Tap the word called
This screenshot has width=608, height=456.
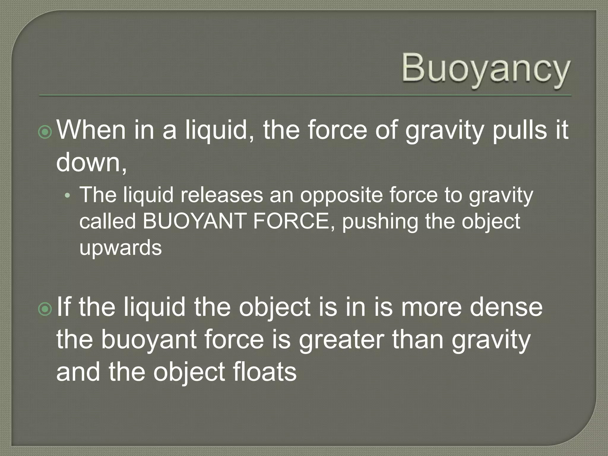[107, 221]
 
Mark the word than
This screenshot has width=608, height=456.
[418, 339]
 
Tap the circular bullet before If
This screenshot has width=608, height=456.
[45, 309]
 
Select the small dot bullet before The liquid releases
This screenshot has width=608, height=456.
[68, 196]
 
